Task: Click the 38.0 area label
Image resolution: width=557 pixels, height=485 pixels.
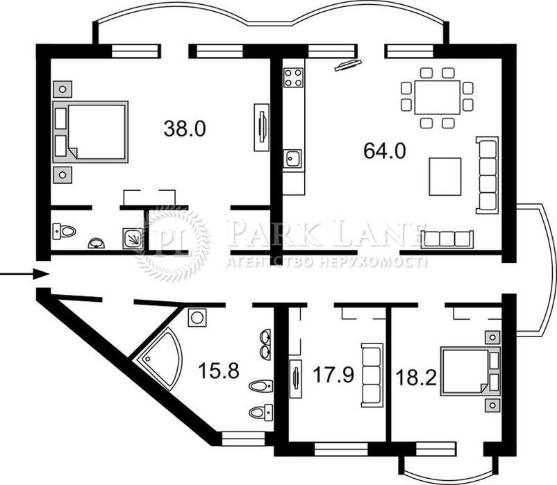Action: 185,128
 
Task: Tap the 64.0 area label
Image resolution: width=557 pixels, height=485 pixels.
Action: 384,151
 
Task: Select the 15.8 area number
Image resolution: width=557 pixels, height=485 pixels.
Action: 219,371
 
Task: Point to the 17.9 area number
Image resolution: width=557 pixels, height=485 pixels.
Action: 333,375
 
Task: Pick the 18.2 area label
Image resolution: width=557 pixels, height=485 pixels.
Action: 416,377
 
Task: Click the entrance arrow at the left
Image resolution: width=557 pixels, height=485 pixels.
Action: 24,273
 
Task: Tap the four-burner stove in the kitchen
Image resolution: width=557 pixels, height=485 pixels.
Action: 293,78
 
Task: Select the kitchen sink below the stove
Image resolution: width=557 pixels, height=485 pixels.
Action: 292,159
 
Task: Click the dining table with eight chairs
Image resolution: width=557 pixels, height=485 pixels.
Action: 438,98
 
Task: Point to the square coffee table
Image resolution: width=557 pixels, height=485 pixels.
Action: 445,177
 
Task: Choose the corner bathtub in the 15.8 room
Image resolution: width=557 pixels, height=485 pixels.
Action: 159,358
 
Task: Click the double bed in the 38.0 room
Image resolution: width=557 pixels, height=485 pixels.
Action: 90,132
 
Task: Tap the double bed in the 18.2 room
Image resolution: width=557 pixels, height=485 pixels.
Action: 470,371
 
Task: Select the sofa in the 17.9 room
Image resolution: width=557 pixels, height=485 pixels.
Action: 372,375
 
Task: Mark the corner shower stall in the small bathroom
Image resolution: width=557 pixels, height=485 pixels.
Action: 133,239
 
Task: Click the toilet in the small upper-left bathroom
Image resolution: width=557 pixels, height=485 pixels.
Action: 65,231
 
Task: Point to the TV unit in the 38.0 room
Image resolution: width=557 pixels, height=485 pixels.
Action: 261,128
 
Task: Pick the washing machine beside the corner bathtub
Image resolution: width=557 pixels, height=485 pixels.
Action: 197,318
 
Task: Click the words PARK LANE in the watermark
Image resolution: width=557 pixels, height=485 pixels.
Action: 325,234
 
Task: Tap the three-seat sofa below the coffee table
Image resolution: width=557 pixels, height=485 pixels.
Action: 447,239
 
